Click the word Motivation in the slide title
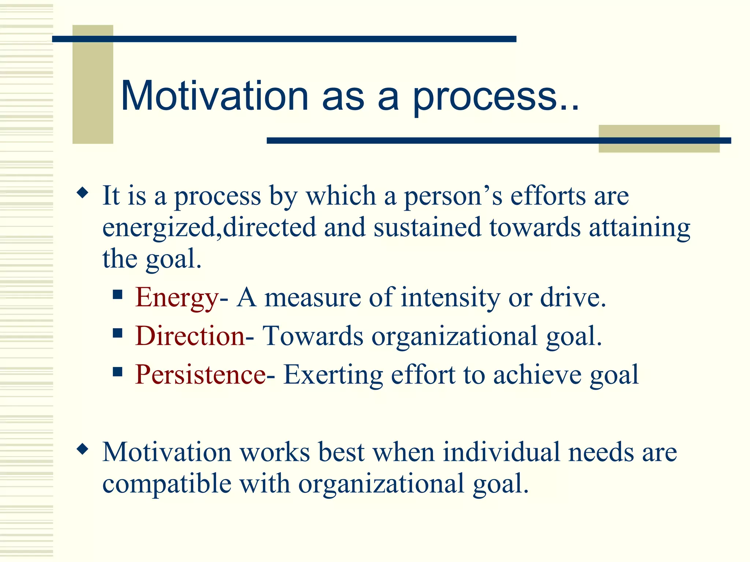point(215,96)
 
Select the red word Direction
point(190,336)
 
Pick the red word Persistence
point(200,375)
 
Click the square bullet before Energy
point(118,295)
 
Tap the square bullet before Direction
point(118,333)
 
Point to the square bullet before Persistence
point(118,372)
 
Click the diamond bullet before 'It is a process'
point(83,192)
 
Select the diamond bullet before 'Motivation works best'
point(83,449)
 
